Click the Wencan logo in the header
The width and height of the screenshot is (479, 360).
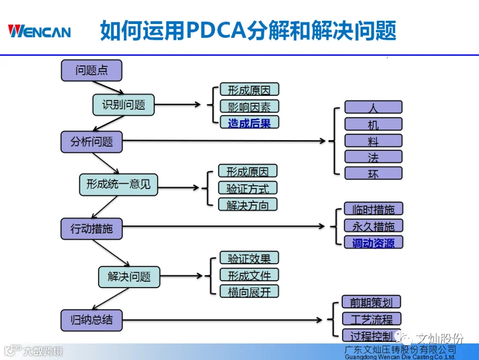click(x=39, y=31)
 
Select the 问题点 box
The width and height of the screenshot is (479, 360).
click(x=92, y=70)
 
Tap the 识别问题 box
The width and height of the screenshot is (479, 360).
click(x=123, y=105)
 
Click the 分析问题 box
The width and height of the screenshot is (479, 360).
click(x=92, y=142)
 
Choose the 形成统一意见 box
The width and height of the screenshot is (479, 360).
click(x=119, y=185)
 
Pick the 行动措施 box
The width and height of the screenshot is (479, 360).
click(x=92, y=228)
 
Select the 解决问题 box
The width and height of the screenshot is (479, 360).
click(x=129, y=277)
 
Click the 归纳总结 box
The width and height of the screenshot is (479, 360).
click(x=92, y=320)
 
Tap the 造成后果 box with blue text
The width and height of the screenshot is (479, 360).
click(x=249, y=122)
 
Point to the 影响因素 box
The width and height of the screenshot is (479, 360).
click(x=249, y=107)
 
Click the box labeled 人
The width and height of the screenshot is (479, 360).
click(x=373, y=107)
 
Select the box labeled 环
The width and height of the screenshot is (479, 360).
click(x=373, y=173)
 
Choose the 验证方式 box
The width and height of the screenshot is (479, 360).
click(x=247, y=188)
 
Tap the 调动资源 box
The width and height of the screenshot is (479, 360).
click(x=373, y=242)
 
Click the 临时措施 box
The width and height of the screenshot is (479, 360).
click(x=373, y=209)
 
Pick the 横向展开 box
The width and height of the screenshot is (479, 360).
click(x=249, y=291)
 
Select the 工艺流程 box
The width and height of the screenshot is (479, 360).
click(x=371, y=319)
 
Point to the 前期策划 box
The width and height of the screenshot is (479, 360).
click(x=371, y=302)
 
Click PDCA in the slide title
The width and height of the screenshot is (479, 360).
click(x=216, y=30)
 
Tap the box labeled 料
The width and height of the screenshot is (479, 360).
click(x=373, y=141)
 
